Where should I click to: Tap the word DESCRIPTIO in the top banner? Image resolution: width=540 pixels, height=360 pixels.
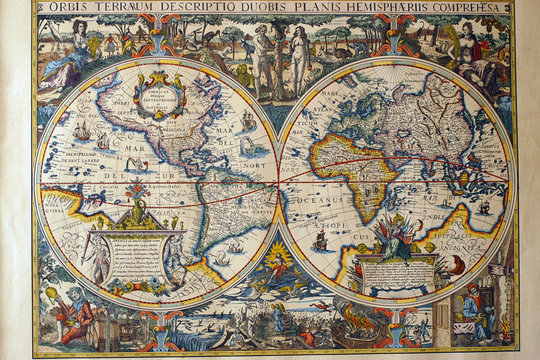[200, 7]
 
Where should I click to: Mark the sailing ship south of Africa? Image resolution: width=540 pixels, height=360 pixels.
[320, 240]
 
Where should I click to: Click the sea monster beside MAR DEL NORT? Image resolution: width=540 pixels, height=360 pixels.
[246, 148]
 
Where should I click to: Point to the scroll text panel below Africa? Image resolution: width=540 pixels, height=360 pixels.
[397, 272]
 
